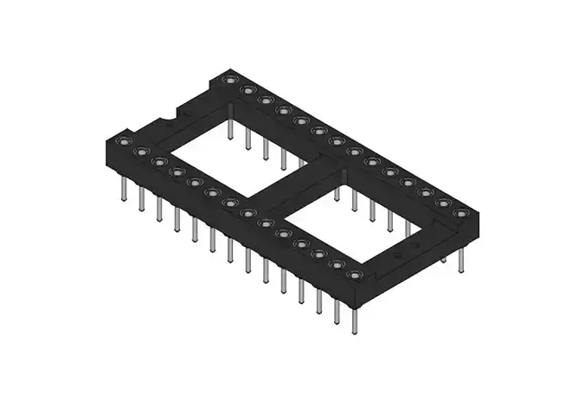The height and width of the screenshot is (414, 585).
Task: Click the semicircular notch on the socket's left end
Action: pyautogui.click(x=184, y=113)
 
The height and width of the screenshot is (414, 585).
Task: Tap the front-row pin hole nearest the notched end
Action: pyautogui.click(x=122, y=141)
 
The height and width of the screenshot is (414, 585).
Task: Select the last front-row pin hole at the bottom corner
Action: pyautogui.click(x=353, y=275)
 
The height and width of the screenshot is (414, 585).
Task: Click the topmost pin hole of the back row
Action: pyautogui.click(x=229, y=80)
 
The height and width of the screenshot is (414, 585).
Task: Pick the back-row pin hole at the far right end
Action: pyautogui.click(x=461, y=212)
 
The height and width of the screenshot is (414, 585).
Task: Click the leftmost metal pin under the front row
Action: pyautogui.click(x=123, y=186)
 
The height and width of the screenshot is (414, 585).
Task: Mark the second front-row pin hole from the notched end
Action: pyautogui.click(x=139, y=152)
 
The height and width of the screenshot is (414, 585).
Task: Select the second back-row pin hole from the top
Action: pyautogui.click(x=247, y=90)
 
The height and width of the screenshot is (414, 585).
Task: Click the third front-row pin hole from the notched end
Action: pyautogui.click(x=158, y=162)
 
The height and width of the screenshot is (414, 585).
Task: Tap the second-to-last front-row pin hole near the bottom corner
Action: pyautogui.click(x=336, y=264)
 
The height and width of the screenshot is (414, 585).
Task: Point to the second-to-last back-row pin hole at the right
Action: pyautogui.click(x=444, y=203)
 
